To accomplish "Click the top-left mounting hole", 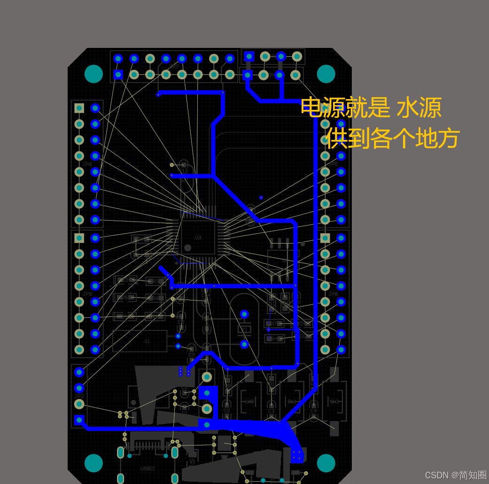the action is click(93, 74).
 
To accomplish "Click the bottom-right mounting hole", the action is click(326, 463).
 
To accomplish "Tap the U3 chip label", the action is click(198, 238).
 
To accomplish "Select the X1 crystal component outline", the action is click(140, 341).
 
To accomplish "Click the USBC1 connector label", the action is click(147, 469).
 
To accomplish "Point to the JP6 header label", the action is click(87, 164).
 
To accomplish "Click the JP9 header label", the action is click(87, 294).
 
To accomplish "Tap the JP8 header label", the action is click(333, 294).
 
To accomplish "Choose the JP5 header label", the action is click(333, 164).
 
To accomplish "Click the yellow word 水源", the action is click(419, 108).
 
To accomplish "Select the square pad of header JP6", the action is click(79, 108).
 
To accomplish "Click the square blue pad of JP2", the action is click(79, 420).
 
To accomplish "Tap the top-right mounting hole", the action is click(326, 74).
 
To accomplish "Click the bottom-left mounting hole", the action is click(93, 463).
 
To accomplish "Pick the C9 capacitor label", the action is click(191, 354).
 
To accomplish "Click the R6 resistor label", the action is click(155, 298).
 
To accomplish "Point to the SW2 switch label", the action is click(334, 402).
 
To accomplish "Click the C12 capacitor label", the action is click(184, 170).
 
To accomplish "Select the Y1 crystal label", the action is click(244, 330).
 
